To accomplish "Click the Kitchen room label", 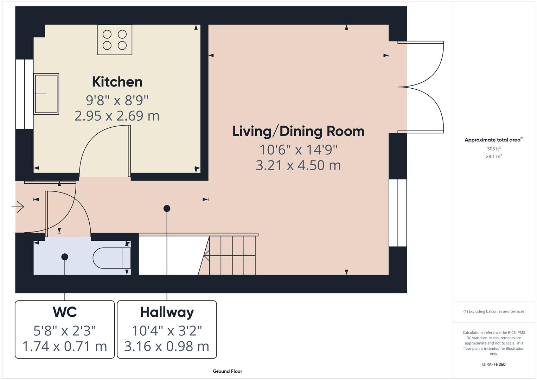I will point(117,82).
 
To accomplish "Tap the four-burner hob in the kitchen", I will point(115,40).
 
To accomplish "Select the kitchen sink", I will point(46,94).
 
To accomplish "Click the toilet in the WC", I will point(111,258).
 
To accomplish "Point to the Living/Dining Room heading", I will point(298,131).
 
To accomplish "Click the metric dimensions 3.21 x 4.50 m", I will point(298,165).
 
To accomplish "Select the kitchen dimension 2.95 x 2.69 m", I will point(117,116).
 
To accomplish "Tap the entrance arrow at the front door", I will point(18,207).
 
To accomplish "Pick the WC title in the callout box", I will point(65,312).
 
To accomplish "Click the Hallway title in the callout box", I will point(167,312).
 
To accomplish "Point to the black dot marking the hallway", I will point(167,209).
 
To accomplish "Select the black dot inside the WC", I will point(65,257).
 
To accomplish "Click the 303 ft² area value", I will point(494,149).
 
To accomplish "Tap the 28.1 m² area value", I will point(494,157).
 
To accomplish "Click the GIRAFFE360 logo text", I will point(494,364).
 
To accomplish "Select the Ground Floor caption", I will point(228,371).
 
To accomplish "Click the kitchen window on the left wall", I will point(24,94).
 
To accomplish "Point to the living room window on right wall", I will point(398,213).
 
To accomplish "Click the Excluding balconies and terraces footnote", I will point(494,311).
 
